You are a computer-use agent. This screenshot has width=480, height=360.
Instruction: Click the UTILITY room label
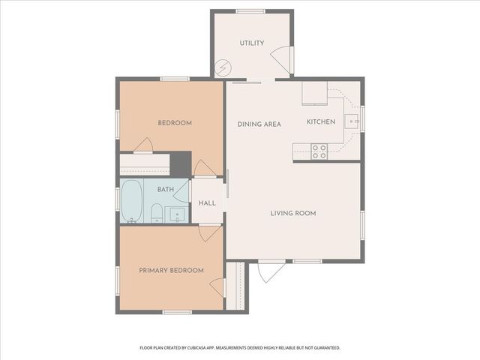pyautogui.click(x=252, y=43)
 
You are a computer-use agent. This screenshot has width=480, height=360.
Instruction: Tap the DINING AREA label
pyautogui.click(x=259, y=124)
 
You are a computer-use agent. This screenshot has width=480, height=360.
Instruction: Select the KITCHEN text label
pyautogui.click(x=321, y=121)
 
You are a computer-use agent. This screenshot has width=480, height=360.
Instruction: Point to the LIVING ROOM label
pyautogui.click(x=293, y=213)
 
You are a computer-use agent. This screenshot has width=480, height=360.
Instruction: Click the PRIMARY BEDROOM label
pyautogui.click(x=172, y=271)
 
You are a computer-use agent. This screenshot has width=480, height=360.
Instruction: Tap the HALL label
pyautogui.click(x=207, y=203)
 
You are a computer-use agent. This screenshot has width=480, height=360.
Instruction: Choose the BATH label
pyautogui.click(x=166, y=190)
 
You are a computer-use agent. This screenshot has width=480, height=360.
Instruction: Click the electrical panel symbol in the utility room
pyautogui.click(x=223, y=67)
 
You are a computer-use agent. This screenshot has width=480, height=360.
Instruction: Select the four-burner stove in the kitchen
pyautogui.click(x=319, y=151)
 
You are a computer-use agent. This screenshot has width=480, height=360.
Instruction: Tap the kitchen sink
pyautogui.click(x=352, y=121)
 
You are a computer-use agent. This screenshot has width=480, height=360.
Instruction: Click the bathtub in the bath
pyautogui.click(x=132, y=201)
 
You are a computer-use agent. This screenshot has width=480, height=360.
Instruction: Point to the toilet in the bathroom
pyautogui.click(x=157, y=213)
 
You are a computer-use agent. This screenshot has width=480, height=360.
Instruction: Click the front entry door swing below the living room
pyautogui.click(x=271, y=272)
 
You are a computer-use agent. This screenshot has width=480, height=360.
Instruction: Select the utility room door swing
pyautogui.click(x=280, y=60)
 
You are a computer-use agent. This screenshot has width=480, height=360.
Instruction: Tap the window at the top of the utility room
pyautogui.click(x=250, y=12)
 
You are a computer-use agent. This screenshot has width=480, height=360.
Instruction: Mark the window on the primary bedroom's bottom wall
pyautogui.click(x=177, y=312)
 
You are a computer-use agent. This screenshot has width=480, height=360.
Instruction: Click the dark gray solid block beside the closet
pyautogui.click(x=181, y=165)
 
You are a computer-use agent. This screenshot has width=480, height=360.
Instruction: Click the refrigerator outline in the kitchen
pyautogui.click(x=315, y=93)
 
